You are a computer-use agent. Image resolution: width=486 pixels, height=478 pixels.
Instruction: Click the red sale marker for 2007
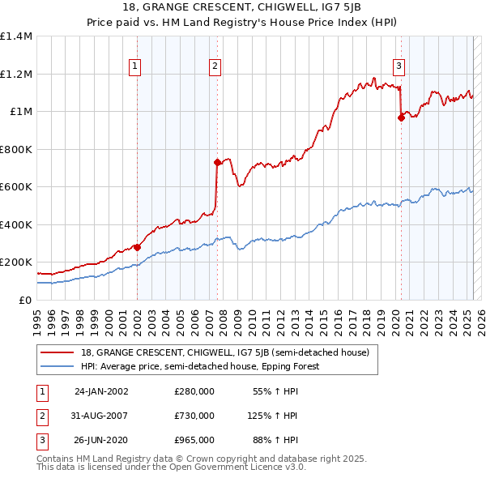(x=217, y=163)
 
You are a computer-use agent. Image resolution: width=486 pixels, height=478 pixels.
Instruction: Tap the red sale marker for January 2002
(x=137, y=247)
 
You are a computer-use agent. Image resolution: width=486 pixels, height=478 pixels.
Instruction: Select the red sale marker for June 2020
(x=400, y=118)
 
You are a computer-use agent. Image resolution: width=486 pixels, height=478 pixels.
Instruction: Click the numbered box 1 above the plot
(x=134, y=67)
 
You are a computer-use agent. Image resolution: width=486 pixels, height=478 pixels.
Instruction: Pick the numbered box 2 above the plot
(x=215, y=67)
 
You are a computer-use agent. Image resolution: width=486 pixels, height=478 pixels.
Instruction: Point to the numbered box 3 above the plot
(x=399, y=67)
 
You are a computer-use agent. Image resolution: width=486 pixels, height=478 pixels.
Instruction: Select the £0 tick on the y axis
(x=25, y=300)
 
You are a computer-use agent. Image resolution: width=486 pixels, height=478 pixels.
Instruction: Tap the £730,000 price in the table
(x=194, y=416)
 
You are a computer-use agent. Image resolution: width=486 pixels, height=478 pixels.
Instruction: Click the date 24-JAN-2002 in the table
(x=101, y=391)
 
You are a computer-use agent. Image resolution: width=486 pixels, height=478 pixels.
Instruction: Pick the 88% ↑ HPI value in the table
(x=279, y=440)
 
